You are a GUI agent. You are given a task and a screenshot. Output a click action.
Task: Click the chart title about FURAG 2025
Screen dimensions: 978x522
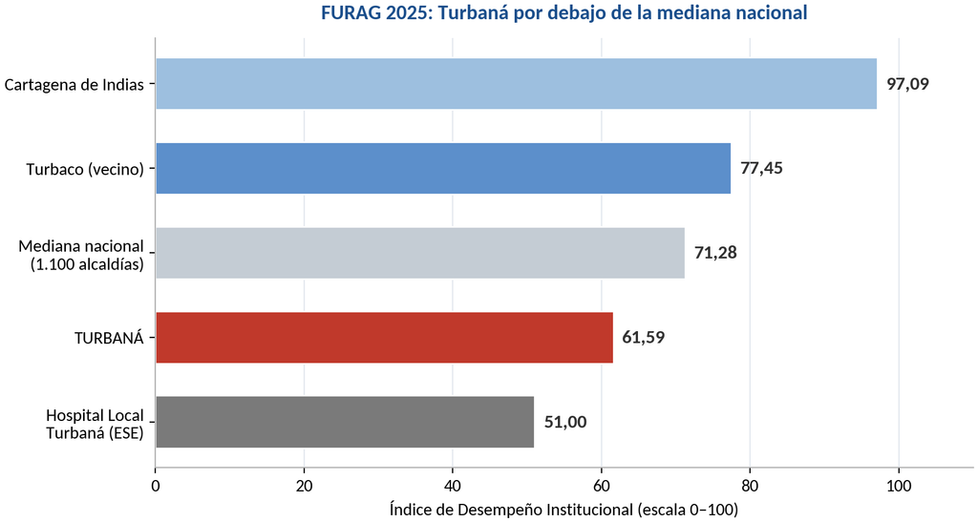pos(563,12)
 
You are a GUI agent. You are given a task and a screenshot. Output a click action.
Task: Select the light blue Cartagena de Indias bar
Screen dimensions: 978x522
pos(517,84)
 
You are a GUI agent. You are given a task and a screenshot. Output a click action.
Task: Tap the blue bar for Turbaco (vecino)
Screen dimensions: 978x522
pos(443,168)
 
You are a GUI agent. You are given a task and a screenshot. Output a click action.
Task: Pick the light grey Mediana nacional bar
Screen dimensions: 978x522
pos(420,253)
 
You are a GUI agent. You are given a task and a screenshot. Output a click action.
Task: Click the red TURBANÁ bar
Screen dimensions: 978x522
pos(384,337)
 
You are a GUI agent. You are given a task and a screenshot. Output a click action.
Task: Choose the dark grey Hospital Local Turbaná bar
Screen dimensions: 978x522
pos(345,422)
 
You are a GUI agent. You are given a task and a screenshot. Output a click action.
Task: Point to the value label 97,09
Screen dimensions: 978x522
pos(908,84)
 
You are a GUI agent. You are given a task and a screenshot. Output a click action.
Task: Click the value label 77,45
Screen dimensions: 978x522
pos(761,168)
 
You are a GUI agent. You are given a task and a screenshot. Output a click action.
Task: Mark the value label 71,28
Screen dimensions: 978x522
pos(715,253)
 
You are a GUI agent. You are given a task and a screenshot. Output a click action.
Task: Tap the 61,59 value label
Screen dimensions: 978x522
pos(644,338)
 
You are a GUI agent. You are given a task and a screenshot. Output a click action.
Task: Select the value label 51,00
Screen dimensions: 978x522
pos(565,423)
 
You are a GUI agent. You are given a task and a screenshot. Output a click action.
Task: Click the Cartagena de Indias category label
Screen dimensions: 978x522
pos(74,85)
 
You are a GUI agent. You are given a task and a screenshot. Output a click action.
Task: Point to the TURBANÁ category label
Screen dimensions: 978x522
pos(109,338)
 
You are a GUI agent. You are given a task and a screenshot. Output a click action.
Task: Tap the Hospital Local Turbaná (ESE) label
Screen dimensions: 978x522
pos(95,424)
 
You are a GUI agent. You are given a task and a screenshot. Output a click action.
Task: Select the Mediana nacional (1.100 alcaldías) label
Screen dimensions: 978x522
pos(81,256)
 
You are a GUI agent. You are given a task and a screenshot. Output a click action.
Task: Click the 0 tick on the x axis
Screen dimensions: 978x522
pos(156,486)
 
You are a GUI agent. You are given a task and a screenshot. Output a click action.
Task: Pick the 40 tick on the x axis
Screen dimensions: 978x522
pos(453,486)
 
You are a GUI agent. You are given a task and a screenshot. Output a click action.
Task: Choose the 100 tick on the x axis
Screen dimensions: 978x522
pos(899,486)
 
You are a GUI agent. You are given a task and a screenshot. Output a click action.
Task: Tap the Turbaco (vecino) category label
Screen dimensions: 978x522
pos(85,170)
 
